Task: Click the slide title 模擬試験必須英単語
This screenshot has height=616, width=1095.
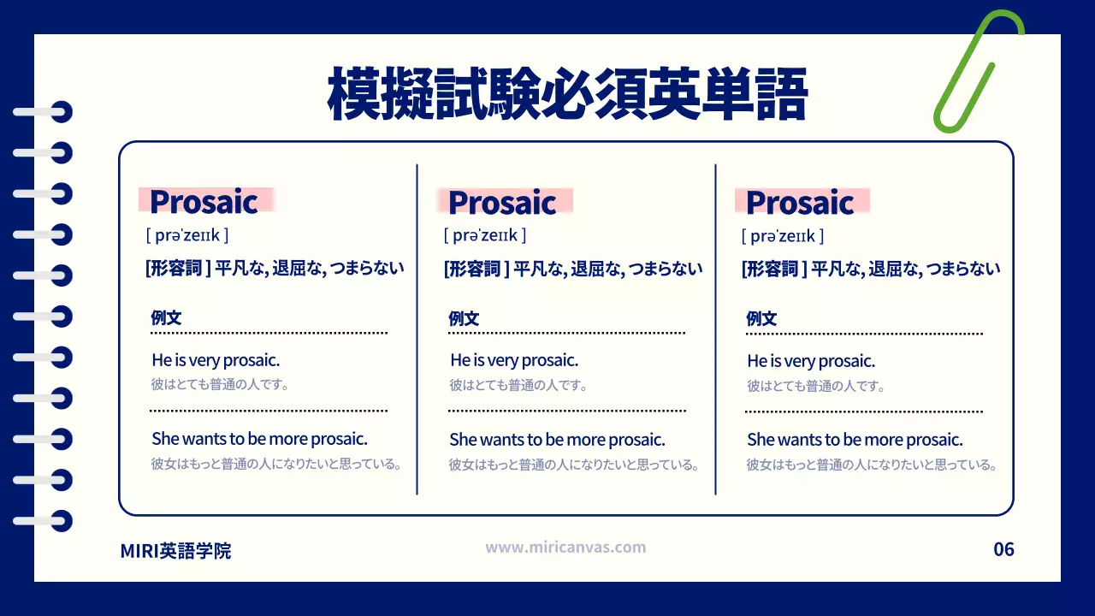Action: pyautogui.click(x=567, y=95)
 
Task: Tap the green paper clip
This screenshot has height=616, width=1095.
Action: pyautogui.click(x=975, y=73)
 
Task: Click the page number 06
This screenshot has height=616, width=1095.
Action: pyautogui.click(x=1003, y=549)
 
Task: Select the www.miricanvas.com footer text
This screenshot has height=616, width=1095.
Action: pyautogui.click(x=565, y=548)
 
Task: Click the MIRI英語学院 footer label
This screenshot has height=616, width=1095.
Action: pyautogui.click(x=175, y=551)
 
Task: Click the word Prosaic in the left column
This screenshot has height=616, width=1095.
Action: pyautogui.click(x=204, y=202)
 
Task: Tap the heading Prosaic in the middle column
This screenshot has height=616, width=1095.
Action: pyautogui.click(x=502, y=202)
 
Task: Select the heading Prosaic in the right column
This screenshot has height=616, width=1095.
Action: pyautogui.click(x=800, y=202)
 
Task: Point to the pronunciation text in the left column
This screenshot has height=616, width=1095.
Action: pyautogui.click(x=187, y=235)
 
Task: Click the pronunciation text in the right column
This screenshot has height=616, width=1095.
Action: pyautogui.click(x=783, y=235)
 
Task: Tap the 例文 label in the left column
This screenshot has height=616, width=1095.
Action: pyautogui.click(x=166, y=318)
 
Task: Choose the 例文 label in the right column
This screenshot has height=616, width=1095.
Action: pyautogui.click(x=761, y=318)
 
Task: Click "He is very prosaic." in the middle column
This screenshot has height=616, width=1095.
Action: pyautogui.click(x=514, y=360)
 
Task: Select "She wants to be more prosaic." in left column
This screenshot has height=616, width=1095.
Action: pyautogui.click(x=259, y=439)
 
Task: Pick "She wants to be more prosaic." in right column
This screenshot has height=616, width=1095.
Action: pyautogui.click(x=855, y=439)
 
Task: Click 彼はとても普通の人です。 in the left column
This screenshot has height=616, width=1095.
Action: pyautogui.click(x=220, y=385)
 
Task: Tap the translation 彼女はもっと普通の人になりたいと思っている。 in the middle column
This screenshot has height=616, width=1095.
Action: pyautogui.click(x=574, y=465)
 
